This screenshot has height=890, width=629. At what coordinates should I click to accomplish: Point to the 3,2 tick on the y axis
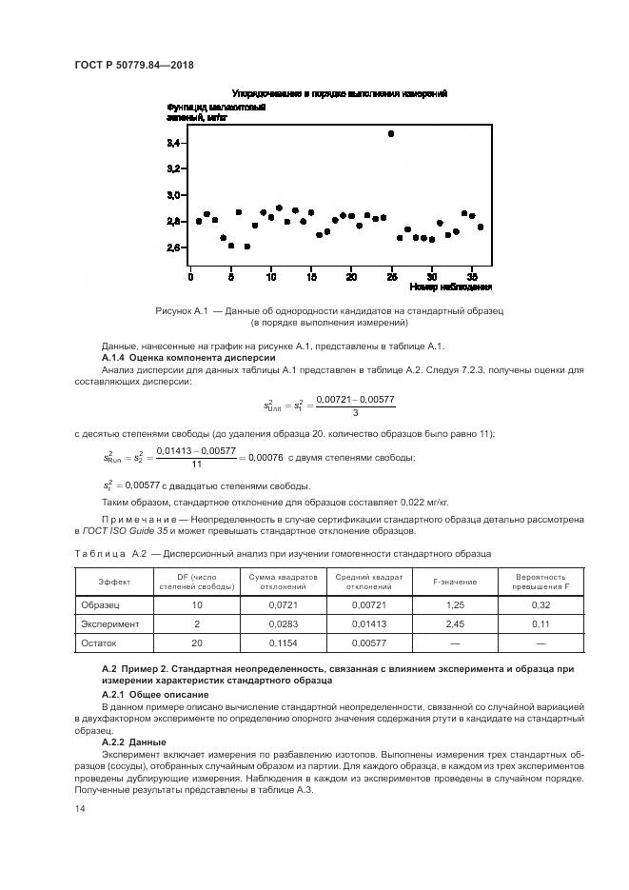point(173,168)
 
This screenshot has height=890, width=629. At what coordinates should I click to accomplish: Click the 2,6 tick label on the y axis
point(173,247)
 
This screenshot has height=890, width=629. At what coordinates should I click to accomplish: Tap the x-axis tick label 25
point(391,276)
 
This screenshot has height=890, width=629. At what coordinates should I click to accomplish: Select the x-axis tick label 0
point(191,276)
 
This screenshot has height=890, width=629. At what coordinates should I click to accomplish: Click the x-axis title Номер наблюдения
point(450,287)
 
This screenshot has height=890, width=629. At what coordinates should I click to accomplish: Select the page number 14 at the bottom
point(80,808)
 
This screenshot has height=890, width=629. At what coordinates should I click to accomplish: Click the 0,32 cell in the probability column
point(541,603)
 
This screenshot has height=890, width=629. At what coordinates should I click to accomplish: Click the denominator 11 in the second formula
point(197,464)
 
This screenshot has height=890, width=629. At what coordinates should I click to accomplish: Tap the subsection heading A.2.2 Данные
point(133,741)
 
